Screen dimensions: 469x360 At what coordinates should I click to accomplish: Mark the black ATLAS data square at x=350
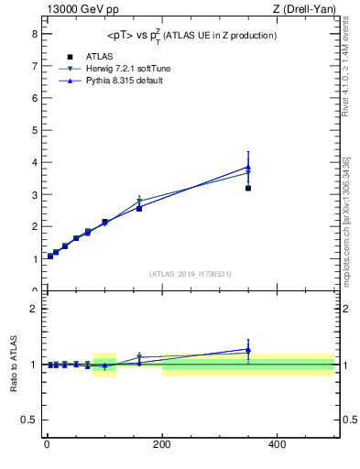pyautogui.click(x=248, y=188)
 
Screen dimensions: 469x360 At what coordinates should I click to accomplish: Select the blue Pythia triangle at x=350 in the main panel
pyautogui.click(x=248, y=167)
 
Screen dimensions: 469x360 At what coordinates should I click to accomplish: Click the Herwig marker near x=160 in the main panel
pyautogui.click(x=139, y=201)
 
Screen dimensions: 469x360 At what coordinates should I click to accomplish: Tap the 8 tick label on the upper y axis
pyautogui.click(x=34, y=33)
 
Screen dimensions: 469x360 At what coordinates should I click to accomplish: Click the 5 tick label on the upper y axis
pyautogui.click(x=34, y=130)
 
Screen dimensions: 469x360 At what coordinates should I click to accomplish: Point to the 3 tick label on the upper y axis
pyautogui.click(x=34, y=195)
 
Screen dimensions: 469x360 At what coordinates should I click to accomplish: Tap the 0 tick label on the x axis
pyautogui.click(x=46, y=444)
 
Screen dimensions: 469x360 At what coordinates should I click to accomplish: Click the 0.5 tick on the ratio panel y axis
pyautogui.click(x=30, y=420)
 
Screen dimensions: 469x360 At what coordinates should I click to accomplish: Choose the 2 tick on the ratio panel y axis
pyautogui.click(x=34, y=309)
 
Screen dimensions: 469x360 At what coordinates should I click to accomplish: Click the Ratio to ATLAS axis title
pyautogui.click(x=14, y=365)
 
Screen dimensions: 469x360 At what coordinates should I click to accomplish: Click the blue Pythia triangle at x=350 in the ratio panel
pyautogui.click(x=248, y=349)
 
